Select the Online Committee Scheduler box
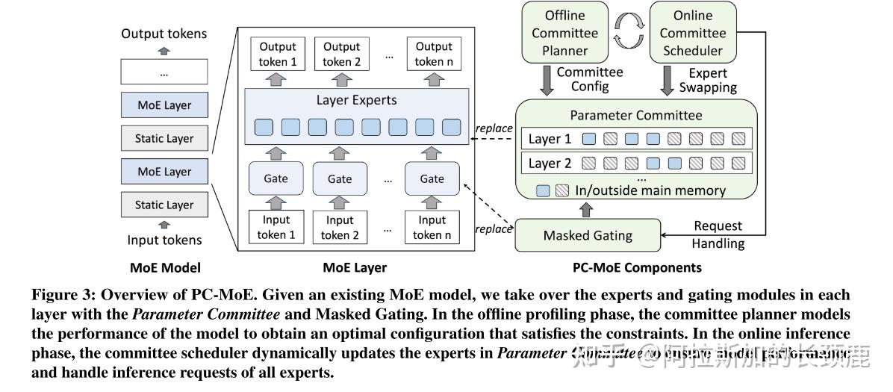(x=691, y=33)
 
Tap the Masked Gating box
(x=587, y=235)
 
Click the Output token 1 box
(x=278, y=54)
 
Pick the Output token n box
(x=432, y=54)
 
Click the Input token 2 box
(x=340, y=228)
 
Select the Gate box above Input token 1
(x=275, y=179)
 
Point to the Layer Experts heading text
(x=357, y=100)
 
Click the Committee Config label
(x=589, y=79)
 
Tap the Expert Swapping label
(x=707, y=80)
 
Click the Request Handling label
(x=718, y=234)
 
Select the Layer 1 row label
(x=550, y=139)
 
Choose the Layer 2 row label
(x=550, y=163)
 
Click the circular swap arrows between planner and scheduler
(x=629, y=32)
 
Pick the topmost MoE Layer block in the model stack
(x=164, y=105)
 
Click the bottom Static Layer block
(x=164, y=205)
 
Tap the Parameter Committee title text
(x=636, y=115)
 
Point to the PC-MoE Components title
(x=636, y=267)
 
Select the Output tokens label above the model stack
(x=164, y=34)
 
